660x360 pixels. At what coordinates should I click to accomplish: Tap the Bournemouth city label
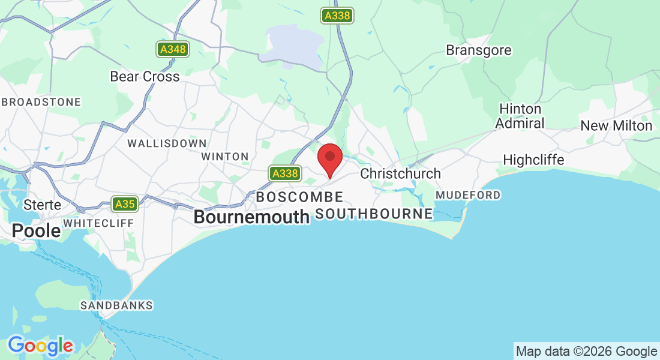point(251,217)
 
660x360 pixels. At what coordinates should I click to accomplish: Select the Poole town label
point(37,230)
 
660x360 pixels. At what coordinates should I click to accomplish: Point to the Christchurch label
point(400,174)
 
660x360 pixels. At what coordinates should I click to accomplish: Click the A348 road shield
point(173,50)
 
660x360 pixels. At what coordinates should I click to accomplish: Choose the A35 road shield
point(125,205)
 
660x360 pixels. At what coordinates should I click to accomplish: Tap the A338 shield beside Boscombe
point(284,174)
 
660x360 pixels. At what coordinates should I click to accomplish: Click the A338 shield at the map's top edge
point(337,16)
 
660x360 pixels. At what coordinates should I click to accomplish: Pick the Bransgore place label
point(479,50)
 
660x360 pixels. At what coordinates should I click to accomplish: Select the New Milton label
point(616,126)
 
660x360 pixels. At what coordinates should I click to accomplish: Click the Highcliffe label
point(533,160)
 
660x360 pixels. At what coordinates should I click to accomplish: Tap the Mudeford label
point(468,196)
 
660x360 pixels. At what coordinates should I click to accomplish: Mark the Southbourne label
point(374,214)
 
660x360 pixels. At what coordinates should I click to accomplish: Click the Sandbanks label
point(116,306)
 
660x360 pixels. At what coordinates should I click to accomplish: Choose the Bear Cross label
point(145,77)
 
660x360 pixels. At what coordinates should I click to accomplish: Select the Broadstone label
point(41,102)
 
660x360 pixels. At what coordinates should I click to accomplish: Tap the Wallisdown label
point(167,144)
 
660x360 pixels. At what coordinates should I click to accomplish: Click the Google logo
point(40,346)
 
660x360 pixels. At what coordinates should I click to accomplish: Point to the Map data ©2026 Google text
point(587,352)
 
